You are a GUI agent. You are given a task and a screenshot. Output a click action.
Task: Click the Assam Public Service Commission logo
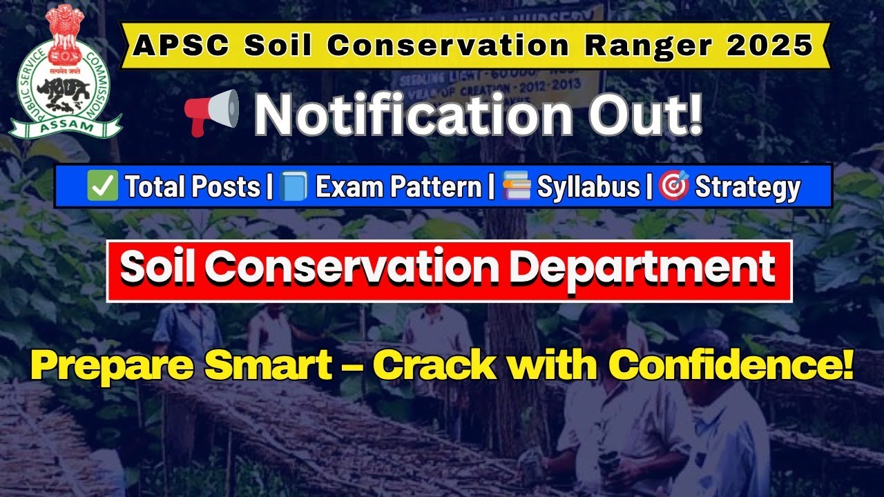point(66,72)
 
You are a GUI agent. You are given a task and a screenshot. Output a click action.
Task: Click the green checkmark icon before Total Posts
point(103,186)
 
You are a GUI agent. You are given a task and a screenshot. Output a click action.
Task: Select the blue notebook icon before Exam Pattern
point(294,186)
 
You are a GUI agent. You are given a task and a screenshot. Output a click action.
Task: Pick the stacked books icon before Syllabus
point(517,186)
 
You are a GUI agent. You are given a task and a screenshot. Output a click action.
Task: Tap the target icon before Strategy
point(673,186)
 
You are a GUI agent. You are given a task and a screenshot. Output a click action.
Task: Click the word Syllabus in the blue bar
point(588,187)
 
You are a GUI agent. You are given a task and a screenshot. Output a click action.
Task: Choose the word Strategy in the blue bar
point(747,187)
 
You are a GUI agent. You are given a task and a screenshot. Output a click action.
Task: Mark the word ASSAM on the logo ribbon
point(66,127)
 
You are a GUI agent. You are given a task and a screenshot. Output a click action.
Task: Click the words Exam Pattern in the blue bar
point(398,187)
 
